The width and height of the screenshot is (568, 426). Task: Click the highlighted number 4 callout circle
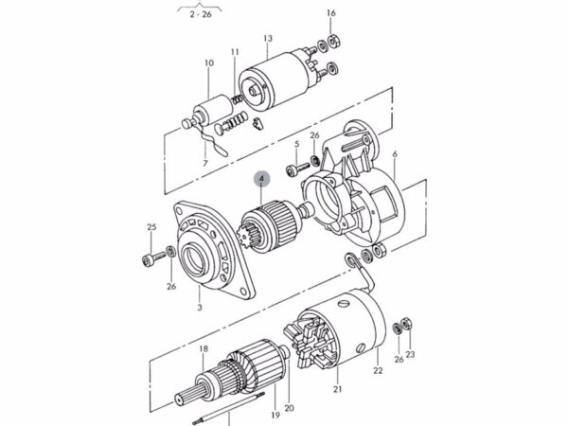point(262,176)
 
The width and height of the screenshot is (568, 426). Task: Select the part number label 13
point(268,39)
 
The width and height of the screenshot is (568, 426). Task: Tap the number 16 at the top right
point(330,12)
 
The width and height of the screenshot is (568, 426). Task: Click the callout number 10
point(210,63)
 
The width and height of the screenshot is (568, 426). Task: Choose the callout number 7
point(204,163)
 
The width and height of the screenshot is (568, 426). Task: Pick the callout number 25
point(151,227)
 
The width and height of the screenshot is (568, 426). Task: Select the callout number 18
point(203,349)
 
